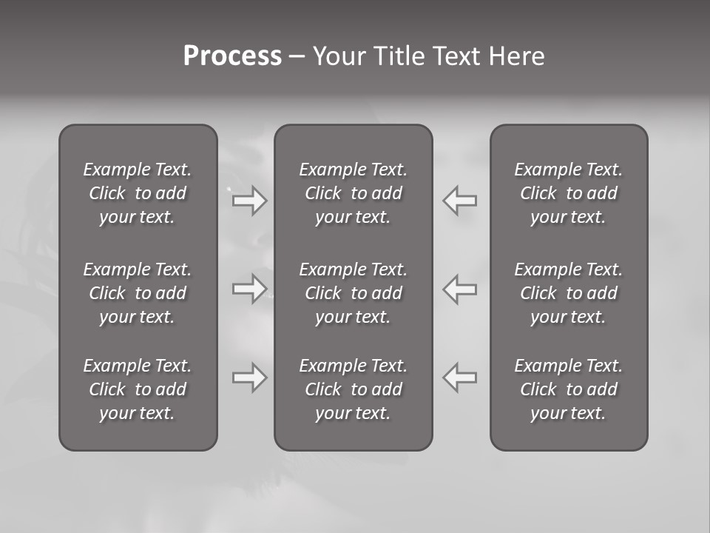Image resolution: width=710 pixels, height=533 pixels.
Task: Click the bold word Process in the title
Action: tap(232, 56)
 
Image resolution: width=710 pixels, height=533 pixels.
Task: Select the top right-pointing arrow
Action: tap(249, 200)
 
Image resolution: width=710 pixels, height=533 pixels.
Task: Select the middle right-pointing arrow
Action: tap(249, 289)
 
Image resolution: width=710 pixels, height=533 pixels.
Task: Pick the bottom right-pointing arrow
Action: tap(249, 378)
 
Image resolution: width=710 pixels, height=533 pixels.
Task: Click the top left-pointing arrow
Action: tap(460, 200)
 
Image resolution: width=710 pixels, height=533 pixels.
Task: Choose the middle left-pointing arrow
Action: tap(460, 289)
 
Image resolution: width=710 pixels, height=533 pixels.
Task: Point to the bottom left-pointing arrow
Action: tap(460, 378)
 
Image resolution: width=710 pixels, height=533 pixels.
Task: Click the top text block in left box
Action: tap(138, 193)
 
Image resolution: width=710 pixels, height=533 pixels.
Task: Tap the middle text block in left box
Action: tap(138, 293)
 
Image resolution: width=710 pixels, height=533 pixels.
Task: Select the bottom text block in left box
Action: tap(138, 389)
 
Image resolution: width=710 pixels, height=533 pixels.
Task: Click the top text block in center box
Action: tap(353, 193)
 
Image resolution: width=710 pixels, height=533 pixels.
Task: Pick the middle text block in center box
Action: tap(353, 293)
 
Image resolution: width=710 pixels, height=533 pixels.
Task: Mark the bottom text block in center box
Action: tap(353, 389)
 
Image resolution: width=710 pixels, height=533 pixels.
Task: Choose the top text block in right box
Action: tap(568, 193)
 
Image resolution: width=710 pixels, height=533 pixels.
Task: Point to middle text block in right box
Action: tap(568, 293)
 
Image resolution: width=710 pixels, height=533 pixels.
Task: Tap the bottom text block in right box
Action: tap(568, 389)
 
